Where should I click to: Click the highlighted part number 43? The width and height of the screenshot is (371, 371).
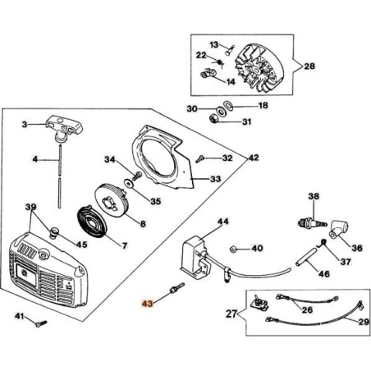point(147,304)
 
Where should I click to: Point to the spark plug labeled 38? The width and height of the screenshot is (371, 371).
point(312,222)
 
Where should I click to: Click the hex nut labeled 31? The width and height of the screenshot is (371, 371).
point(213,119)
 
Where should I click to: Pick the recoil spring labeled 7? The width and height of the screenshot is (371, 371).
point(91,222)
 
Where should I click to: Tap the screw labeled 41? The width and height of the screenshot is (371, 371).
point(41,323)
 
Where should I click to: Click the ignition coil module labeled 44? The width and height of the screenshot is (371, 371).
point(195,258)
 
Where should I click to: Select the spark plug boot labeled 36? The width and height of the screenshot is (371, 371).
point(338,230)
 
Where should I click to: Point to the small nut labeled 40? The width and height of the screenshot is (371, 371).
point(233,250)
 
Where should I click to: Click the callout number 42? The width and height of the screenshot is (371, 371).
point(254,158)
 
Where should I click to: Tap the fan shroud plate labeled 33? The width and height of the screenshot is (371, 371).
point(162,158)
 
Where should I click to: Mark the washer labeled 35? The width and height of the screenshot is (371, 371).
point(128,183)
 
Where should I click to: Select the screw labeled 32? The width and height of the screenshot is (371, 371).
point(200,158)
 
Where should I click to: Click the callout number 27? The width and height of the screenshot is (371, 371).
point(231,314)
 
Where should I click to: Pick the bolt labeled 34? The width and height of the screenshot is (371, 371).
point(136,176)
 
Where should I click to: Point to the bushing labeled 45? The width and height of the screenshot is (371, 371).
point(54,232)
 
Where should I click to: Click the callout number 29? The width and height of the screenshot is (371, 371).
point(364,322)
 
